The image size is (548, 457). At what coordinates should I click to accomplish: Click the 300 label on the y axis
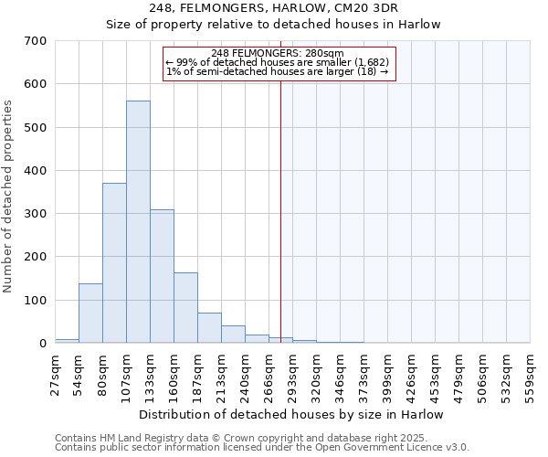pos(36,214)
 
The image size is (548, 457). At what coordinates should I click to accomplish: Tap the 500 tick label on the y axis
pos(36,127)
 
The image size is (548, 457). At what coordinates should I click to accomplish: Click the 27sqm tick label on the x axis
pos(55,372)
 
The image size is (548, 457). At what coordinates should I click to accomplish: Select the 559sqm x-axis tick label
pos(530,372)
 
